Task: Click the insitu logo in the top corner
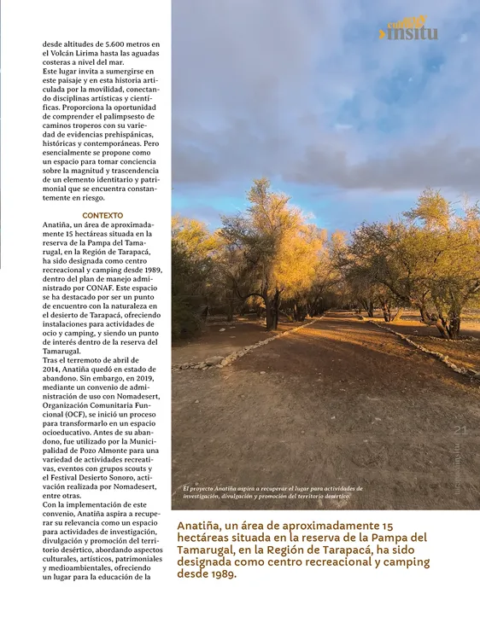coord(412,31)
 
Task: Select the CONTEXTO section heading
coord(102,215)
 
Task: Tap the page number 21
coord(460,431)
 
